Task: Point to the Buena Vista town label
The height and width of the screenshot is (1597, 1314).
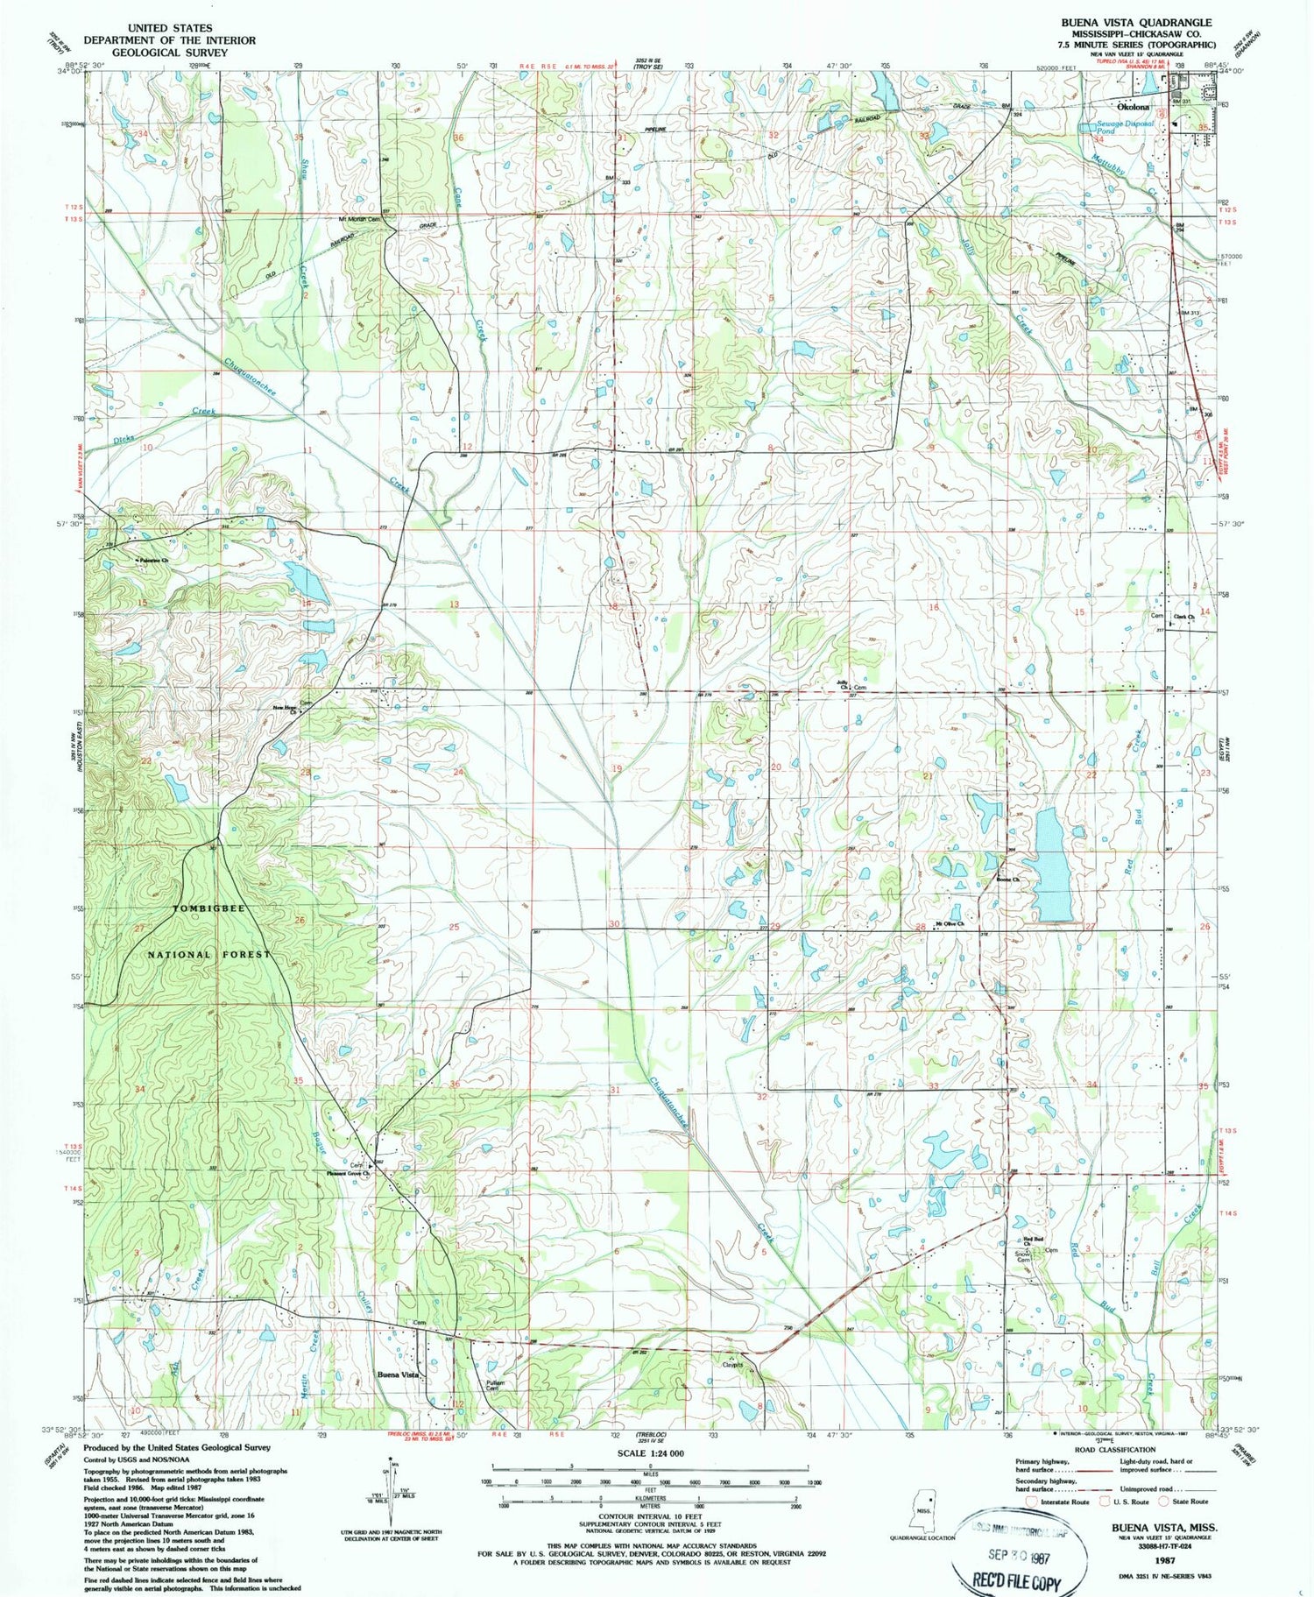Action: point(399,1374)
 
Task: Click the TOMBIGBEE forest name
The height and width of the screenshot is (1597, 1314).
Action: point(209,908)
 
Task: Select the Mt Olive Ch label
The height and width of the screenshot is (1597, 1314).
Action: point(950,923)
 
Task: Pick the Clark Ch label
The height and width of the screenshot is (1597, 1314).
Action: point(1184,617)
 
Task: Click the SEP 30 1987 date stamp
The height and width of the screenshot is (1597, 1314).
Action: point(1018,1558)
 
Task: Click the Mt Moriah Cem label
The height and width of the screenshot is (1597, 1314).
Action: point(361,219)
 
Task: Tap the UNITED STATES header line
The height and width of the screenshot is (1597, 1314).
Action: point(170,28)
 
